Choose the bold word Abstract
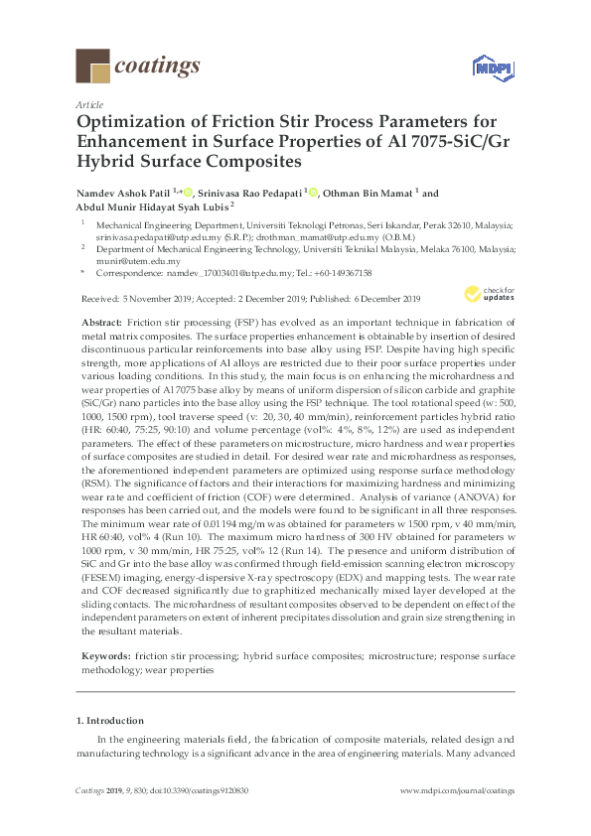(103, 324)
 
